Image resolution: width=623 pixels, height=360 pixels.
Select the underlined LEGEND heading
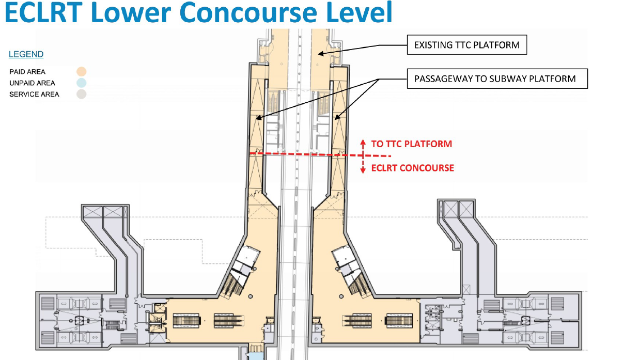[x=26, y=54]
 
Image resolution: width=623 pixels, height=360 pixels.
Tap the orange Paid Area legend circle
[x=81, y=72]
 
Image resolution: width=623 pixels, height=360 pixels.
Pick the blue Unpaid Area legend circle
[x=81, y=83]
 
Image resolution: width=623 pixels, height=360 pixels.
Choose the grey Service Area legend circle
[x=81, y=94]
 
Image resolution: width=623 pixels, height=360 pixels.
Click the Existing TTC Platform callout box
[x=467, y=45]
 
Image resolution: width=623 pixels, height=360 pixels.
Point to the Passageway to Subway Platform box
[x=497, y=79]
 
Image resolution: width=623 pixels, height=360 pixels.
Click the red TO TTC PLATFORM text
[x=412, y=144]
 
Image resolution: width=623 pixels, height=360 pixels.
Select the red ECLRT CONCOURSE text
[x=413, y=168]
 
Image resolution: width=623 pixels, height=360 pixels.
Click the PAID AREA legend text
[x=27, y=72]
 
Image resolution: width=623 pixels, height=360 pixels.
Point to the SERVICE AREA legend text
[x=34, y=94]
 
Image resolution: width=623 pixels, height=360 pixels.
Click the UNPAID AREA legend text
[x=32, y=83]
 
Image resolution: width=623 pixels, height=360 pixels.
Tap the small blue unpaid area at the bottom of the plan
[x=255, y=355]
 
